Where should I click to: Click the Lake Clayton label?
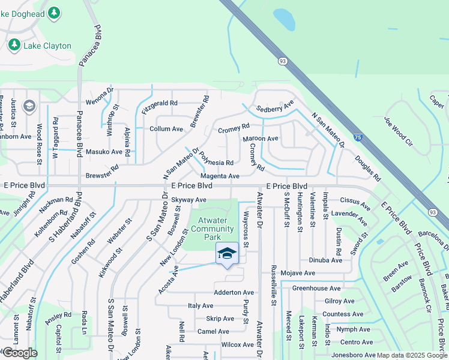tap(47, 46)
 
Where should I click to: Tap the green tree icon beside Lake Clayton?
tap(14, 45)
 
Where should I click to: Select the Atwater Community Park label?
tap(217, 229)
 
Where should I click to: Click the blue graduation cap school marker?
tap(227, 254)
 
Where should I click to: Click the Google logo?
tap(19, 353)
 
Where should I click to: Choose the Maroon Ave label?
tap(260, 139)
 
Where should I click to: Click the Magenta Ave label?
tap(220, 176)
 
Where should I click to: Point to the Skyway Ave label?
tap(188, 200)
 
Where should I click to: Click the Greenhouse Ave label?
tap(316, 289)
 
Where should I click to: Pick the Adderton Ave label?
tap(234, 293)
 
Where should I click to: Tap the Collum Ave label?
tap(166, 129)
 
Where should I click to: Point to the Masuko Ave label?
tap(104, 152)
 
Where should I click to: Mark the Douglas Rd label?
tap(367, 169)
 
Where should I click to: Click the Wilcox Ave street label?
tap(237, 345)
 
